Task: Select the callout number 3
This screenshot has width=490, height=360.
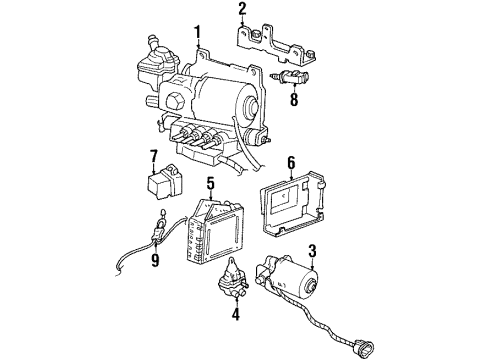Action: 312,250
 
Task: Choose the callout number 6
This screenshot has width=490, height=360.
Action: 291,162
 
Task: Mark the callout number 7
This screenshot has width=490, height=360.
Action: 154,156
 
